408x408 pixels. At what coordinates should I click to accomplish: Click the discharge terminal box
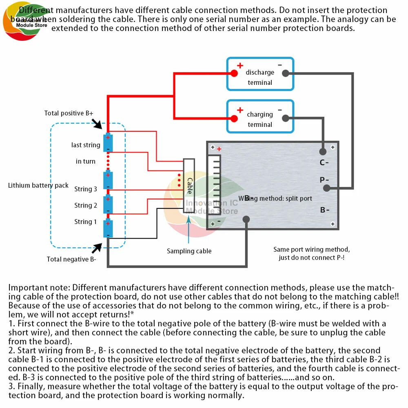click(260, 74)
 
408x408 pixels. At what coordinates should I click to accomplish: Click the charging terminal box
click(260, 116)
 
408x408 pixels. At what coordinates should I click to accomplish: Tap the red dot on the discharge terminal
click(234, 73)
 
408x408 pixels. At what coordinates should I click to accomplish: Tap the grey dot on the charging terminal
click(286, 118)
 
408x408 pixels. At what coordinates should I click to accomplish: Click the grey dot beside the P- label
click(326, 188)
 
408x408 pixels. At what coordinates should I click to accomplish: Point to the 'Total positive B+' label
click(69, 113)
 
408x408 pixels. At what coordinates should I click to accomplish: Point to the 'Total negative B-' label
click(71, 259)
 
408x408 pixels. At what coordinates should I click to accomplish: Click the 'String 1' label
click(86, 222)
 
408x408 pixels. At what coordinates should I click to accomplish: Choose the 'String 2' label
click(86, 206)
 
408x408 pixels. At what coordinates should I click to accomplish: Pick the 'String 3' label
click(86, 189)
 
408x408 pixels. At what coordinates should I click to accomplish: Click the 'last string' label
click(86, 145)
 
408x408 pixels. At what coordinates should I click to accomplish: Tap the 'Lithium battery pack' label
click(38, 186)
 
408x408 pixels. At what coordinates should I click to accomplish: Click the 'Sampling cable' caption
click(189, 251)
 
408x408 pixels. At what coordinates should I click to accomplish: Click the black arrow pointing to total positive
click(98, 123)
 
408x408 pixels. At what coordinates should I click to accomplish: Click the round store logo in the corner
click(24, 22)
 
